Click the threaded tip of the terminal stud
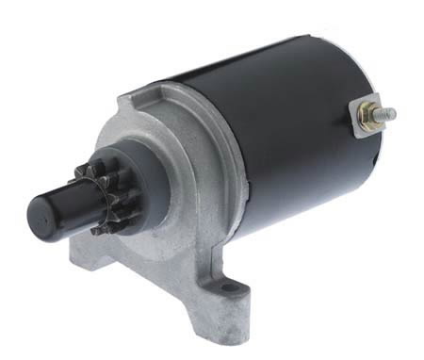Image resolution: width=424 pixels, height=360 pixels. click(x=390, y=114)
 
